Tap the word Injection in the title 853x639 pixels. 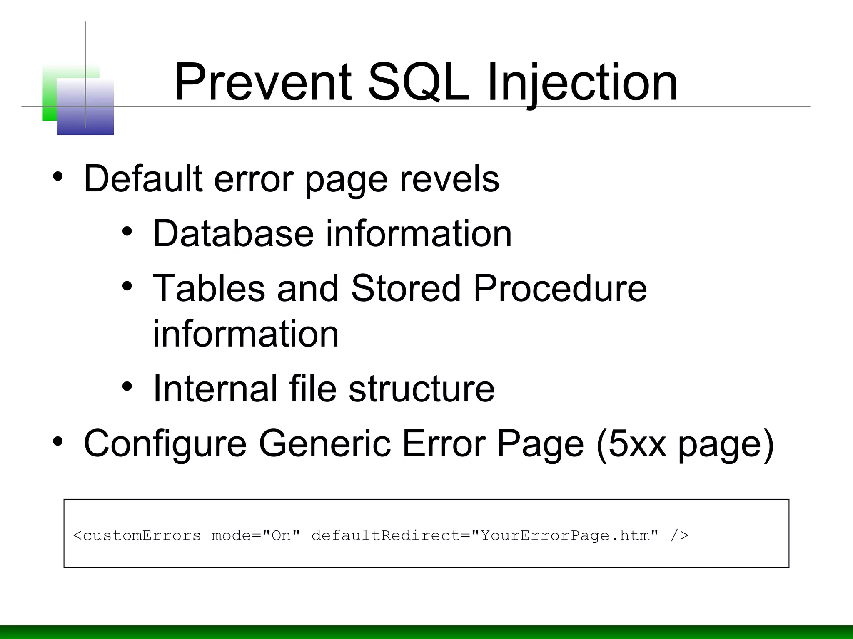pos(582,82)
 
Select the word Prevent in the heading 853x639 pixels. pos(263,82)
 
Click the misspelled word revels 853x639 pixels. pos(449,179)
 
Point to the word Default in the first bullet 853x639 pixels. pos(143,179)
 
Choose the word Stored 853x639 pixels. pos(406,288)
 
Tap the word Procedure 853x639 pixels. pos(560,288)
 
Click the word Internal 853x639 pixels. pos(215,389)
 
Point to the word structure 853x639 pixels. pos(422,389)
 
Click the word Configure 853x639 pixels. pos(165,444)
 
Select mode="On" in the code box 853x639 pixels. pos(256,535)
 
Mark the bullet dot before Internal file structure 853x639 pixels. pos(127,387)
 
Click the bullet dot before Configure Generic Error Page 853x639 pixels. pos(58,441)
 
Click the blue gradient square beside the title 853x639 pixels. pos(85,107)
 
